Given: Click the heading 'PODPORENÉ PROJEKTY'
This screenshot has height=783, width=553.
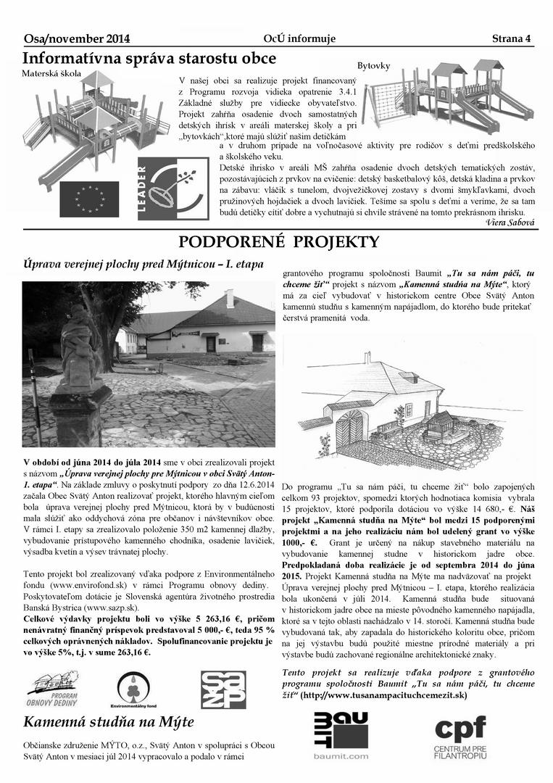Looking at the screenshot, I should [279, 242].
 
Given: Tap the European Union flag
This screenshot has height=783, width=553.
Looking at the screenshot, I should [88, 199].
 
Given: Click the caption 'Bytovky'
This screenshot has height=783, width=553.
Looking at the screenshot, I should [373, 66].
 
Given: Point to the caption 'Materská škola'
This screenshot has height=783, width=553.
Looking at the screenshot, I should [51, 74].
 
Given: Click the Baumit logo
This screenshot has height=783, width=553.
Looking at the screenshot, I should [341, 734].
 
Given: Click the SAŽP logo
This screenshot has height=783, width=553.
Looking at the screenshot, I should [225, 689].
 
